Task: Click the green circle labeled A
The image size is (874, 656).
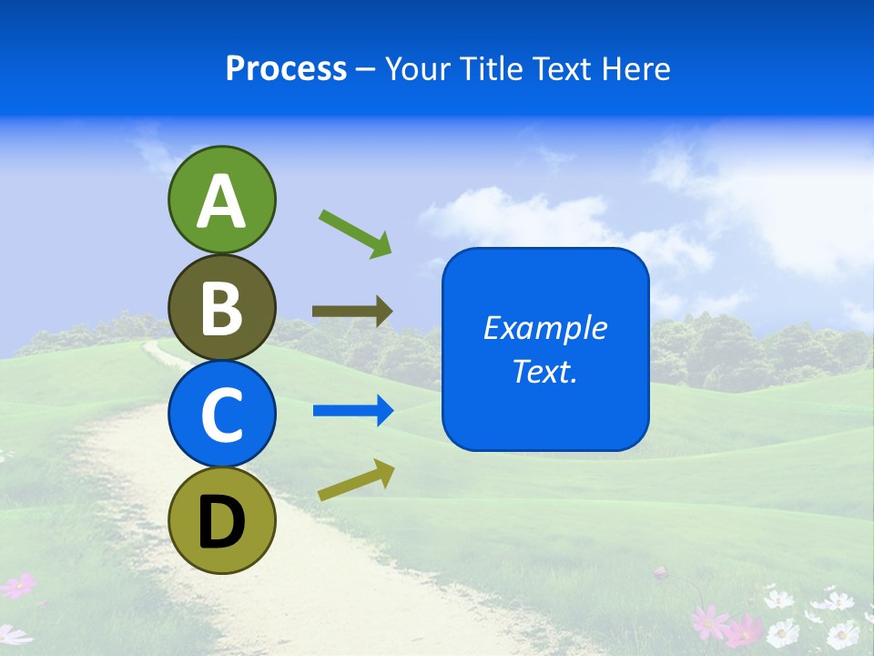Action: point(221,200)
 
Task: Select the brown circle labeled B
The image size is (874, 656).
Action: point(221,307)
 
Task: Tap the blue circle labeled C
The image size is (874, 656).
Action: point(221,414)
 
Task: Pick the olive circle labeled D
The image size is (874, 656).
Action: point(221,520)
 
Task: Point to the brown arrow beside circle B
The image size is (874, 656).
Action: point(351,312)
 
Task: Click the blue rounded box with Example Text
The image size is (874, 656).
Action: point(545,349)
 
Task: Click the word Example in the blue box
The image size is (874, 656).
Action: point(545,328)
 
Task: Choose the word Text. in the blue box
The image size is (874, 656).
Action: point(545,372)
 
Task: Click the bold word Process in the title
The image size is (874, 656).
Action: point(286,68)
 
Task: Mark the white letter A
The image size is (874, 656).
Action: point(221,201)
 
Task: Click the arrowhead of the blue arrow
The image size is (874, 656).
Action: point(383,411)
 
